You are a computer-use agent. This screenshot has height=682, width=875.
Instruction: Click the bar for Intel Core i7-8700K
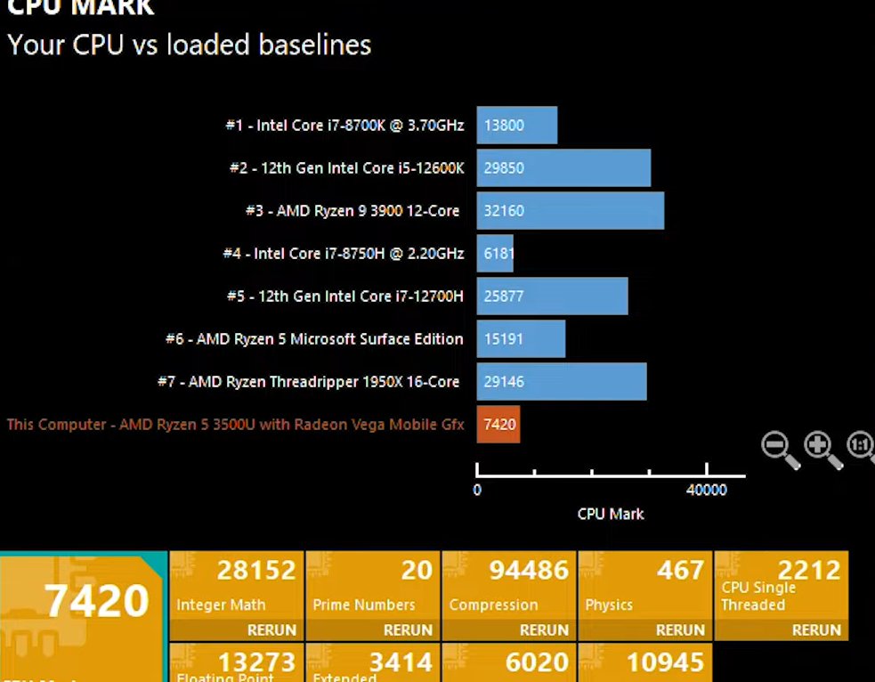pos(517,126)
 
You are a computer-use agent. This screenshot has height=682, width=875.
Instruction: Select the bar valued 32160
pos(571,211)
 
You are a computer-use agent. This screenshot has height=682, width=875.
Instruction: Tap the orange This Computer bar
pos(498,425)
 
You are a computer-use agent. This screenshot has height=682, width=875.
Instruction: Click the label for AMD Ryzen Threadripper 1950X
pos(309,382)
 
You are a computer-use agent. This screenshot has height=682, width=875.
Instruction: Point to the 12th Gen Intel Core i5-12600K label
pos(346,168)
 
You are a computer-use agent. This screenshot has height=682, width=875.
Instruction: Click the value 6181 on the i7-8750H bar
pos(498,254)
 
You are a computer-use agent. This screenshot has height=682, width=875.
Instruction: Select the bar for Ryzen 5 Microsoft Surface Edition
pos(521,339)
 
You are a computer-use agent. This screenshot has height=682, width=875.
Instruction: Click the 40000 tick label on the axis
pos(706,490)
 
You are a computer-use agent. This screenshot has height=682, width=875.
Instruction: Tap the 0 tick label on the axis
pos(477,490)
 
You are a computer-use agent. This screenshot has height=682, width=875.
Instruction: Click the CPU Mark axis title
pos(611,514)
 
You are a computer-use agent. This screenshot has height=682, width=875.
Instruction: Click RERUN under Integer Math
pos(271,629)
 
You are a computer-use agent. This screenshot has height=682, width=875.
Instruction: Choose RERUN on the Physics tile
pos(680,629)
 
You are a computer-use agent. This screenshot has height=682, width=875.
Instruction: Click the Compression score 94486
pos(529,570)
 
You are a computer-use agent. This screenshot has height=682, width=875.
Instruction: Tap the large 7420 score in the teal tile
pos(97,601)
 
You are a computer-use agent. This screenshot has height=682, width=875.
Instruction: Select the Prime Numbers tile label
pos(364,605)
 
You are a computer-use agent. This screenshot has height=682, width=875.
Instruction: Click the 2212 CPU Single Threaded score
pos(808,569)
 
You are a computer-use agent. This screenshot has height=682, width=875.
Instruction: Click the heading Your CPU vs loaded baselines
pos(189,45)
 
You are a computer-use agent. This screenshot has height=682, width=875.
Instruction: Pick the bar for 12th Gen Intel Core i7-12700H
pos(552,296)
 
